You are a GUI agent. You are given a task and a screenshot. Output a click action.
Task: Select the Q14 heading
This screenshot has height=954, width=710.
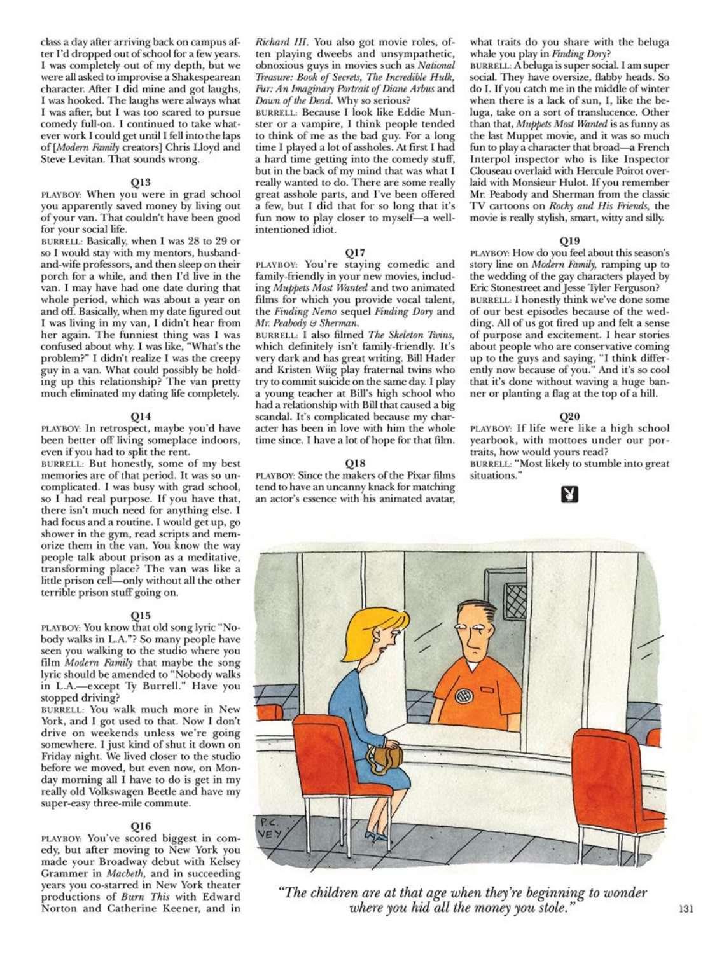pos(141,417)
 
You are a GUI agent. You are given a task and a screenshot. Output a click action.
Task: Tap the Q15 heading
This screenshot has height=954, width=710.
pos(141,615)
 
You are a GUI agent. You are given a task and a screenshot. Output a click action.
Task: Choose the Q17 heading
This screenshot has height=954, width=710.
pos(355,252)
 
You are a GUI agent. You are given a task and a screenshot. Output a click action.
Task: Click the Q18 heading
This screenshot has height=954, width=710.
pos(355,463)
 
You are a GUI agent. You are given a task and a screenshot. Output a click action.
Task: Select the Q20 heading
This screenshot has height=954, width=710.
pos(569,416)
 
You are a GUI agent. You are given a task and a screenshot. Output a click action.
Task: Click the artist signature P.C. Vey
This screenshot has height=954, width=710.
pos(272,829)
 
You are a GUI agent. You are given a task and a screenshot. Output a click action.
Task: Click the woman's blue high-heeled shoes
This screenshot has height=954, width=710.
pos(377,835)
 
